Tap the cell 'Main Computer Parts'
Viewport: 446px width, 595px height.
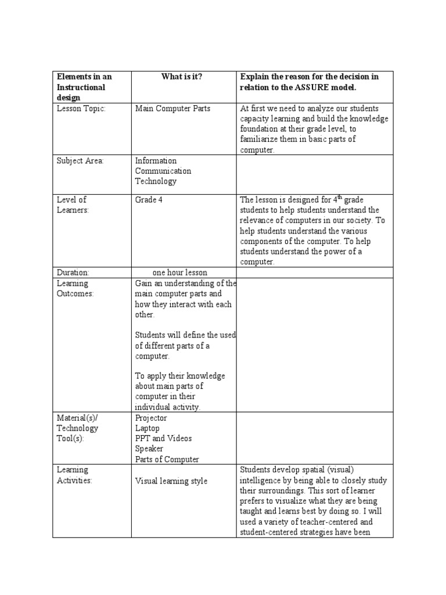pyautogui.click(x=172, y=109)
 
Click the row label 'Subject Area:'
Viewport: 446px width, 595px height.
pyautogui.click(x=80, y=161)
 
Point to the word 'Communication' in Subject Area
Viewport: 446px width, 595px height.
pyautogui.click(x=163, y=171)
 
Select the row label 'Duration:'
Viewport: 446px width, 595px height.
pyautogui.click(x=73, y=272)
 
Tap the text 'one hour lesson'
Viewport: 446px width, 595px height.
pyautogui.click(x=179, y=272)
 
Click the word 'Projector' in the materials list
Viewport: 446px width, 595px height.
pyautogui.click(x=150, y=418)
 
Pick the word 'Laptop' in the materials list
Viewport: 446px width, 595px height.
pyautogui.click(x=147, y=428)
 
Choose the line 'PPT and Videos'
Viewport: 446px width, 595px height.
pyautogui.click(x=163, y=439)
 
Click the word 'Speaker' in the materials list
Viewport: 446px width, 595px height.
pyautogui.click(x=149, y=449)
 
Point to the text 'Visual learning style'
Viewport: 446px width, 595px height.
pyautogui.click(x=171, y=481)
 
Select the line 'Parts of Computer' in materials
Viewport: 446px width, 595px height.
pyautogui.click(x=167, y=459)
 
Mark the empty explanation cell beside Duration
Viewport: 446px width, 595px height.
pyautogui.click(x=315, y=272)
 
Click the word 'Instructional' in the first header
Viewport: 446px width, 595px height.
pyautogui.click(x=81, y=88)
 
